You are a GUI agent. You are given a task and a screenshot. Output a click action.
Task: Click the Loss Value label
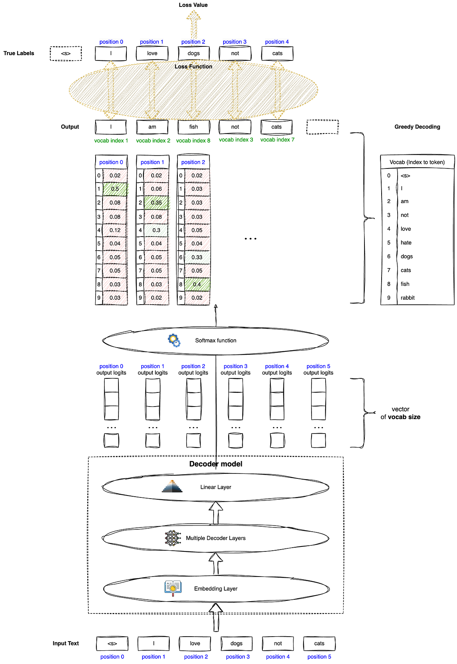[x=193, y=5]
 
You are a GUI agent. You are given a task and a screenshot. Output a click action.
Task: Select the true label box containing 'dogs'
[x=193, y=54]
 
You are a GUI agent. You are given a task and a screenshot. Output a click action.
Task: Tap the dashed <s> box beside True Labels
[x=66, y=54]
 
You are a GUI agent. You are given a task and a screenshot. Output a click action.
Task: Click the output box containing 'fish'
[x=193, y=127]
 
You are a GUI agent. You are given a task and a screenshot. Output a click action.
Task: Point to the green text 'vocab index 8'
[x=193, y=141]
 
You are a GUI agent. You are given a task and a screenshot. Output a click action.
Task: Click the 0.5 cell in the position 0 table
[x=115, y=189]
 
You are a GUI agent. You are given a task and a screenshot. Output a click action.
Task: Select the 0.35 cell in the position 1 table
[x=156, y=203]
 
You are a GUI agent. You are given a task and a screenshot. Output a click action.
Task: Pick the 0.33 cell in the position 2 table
[x=197, y=257]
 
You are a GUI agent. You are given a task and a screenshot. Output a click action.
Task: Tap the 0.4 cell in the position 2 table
[x=197, y=284]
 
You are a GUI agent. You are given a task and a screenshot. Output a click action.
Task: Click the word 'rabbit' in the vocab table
[x=407, y=298]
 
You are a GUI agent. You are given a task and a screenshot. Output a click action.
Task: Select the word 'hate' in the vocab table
[x=406, y=243]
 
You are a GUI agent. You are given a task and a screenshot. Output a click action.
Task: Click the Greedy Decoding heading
[x=417, y=127]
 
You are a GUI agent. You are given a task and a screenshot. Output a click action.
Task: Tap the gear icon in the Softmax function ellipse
[x=174, y=340]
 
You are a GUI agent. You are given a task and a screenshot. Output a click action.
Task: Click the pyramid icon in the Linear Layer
[x=172, y=486]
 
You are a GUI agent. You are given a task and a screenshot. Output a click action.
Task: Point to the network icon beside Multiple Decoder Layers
[x=173, y=538]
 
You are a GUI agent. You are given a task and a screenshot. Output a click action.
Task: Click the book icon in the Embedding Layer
[x=173, y=588]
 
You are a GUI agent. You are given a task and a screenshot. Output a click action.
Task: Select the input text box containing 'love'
[x=195, y=643]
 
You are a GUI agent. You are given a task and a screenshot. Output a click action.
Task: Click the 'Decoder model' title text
[x=216, y=464]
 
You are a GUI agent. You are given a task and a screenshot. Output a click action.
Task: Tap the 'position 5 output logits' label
[x=318, y=370]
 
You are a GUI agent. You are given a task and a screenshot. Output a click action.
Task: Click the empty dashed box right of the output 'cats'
[x=323, y=127]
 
